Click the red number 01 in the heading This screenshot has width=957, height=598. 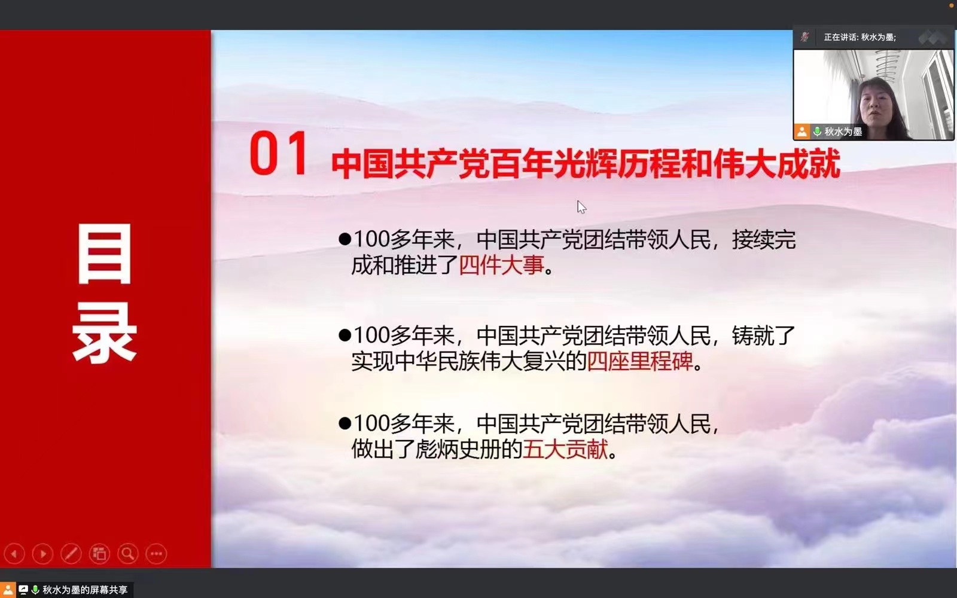(x=278, y=153)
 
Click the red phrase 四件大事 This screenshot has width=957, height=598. (x=501, y=265)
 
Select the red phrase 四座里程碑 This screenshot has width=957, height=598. (x=640, y=361)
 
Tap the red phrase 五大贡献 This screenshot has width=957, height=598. (x=565, y=449)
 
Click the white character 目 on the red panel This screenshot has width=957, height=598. (x=104, y=254)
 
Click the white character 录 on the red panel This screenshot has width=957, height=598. (x=104, y=332)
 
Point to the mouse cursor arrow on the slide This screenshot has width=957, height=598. (x=581, y=207)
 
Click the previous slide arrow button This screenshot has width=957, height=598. (x=14, y=554)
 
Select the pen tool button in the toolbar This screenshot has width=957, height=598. (x=71, y=554)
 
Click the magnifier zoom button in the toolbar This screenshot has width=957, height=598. (x=128, y=554)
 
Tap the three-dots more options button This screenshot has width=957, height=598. (x=156, y=554)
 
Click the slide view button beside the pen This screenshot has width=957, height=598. (x=99, y=554)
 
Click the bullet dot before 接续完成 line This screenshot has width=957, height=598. (x=345, y=239)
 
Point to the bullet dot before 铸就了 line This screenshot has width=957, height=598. (x=345, y=335)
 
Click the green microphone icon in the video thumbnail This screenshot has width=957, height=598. (x=817, y=131)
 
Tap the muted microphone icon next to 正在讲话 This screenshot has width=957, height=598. (x=805, y=37)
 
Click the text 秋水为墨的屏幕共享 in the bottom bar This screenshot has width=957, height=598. (x=85, y=590)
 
